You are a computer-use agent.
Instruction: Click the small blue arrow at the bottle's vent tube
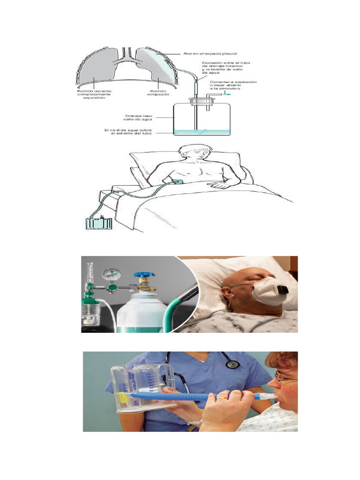[x=227, y=94]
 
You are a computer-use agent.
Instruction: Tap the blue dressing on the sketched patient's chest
[x=178, y=181]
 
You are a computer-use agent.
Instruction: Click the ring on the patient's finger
[x=220, y=398]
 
